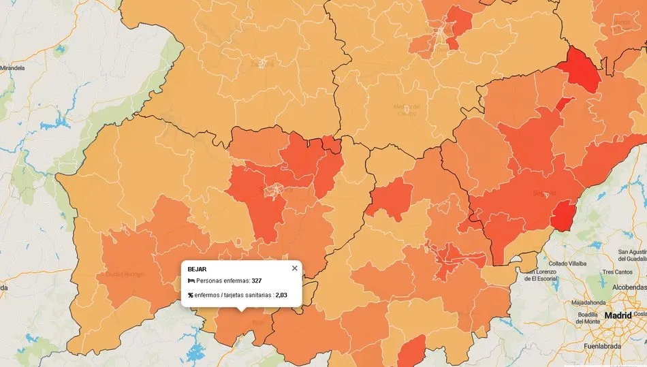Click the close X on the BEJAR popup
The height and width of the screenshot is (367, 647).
[x=294, y=268]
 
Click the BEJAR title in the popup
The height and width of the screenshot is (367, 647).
[x=197, y=269]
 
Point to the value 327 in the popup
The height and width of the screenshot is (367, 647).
[x=257, y=281]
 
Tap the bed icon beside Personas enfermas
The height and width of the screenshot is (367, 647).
[x=191, y=281]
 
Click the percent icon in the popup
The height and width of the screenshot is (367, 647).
[x=191, y=295]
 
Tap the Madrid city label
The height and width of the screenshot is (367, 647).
[x=618, y=316]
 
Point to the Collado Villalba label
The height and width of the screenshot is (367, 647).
[x=569, y=264]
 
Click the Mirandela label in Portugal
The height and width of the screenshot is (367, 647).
[x=12, y=69]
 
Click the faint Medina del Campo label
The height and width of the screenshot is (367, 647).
[x=407, y=110]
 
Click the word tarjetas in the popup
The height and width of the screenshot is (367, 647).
[x=238, y=295]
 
